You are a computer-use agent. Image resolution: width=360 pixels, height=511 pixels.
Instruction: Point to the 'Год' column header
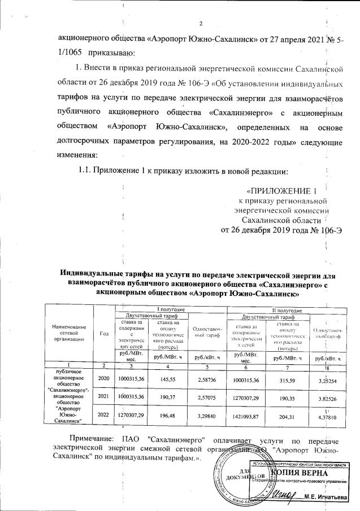point(104,333)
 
